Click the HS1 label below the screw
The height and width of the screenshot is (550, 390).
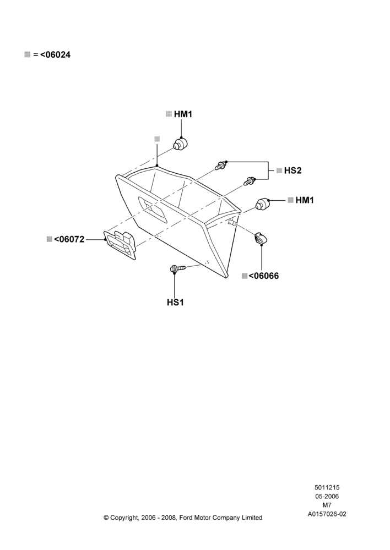(x=175, y=302)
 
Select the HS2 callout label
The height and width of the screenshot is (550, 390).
(x=292, y=170)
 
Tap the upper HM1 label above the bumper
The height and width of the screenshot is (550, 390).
(x=183, y=114)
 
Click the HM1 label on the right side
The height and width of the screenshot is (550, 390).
(x=305, y=200)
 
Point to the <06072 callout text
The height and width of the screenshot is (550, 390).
(x=69, y=239)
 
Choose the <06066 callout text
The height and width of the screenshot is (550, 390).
(x=263, y=276)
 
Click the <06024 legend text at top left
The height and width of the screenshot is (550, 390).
(x=55, y=54)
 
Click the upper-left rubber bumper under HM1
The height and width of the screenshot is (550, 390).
(x=181, y=144)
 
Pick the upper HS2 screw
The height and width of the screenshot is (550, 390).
(x=221, y=165)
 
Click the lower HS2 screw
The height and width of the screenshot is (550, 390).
(x=250, y=182)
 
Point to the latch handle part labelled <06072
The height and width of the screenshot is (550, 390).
(x=120, y=245)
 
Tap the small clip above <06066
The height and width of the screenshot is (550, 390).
(x=261, y=238)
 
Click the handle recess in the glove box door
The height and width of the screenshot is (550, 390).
(x=154, y=210)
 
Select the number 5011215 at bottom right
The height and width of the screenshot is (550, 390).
(x=327, y=487)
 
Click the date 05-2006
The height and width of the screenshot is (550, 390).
(x=327, y=496)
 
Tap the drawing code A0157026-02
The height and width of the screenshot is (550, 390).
(x=327, y=514)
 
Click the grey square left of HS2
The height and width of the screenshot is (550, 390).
(x=279, y=170)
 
